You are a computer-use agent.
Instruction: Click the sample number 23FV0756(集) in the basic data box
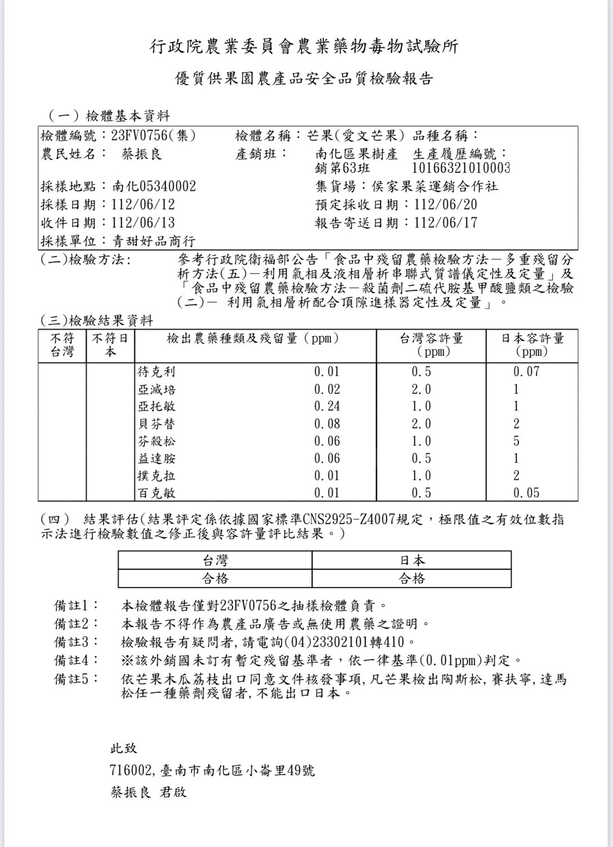coord(154,136)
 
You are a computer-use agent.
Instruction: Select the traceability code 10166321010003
coord(461,168)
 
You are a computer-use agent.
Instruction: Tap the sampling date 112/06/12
coord(144,204)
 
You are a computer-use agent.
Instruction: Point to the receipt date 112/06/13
coord(144,222)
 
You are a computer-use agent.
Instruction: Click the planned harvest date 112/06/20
coord(445,204)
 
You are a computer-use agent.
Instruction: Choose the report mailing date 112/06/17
coord(445,222)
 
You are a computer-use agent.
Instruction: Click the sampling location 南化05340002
coord(154,186)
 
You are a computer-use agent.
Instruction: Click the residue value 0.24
coord(326,406)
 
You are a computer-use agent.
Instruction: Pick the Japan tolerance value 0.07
coord(526,371)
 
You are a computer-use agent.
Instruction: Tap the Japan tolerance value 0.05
coord(526,493)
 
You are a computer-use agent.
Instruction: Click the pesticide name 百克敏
coord(156,493)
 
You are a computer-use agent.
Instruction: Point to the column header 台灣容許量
coord(431,338)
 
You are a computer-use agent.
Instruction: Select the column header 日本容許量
coord(532,338)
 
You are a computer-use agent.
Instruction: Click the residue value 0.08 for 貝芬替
coord(326,424)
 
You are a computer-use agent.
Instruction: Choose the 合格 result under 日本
coord(411,579)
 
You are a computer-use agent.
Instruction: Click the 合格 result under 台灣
coord(215,579)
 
